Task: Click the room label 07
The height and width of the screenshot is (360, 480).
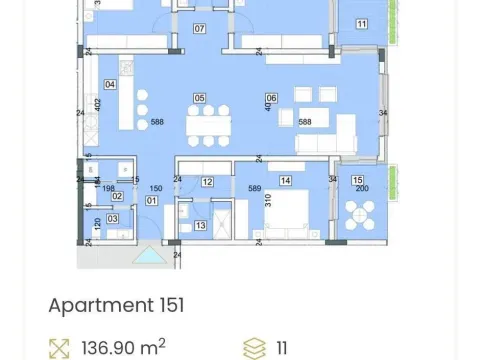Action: (199, 29)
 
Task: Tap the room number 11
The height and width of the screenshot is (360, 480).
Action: (360, 24)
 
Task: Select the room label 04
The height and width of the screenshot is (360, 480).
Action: (110, 84)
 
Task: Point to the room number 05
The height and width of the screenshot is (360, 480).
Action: (199, 98)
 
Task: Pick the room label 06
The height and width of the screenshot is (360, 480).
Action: (271, 98)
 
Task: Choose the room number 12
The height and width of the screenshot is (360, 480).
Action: (207, 182)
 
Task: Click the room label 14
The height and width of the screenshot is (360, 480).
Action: (286, 181)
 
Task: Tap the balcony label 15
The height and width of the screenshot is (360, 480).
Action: (359, 180)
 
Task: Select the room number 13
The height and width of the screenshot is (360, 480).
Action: (200, 227)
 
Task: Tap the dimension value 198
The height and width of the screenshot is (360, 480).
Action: (109, 187)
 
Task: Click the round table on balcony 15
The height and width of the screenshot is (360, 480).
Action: (359, 215)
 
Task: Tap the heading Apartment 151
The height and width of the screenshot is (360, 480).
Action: (116, 305)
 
